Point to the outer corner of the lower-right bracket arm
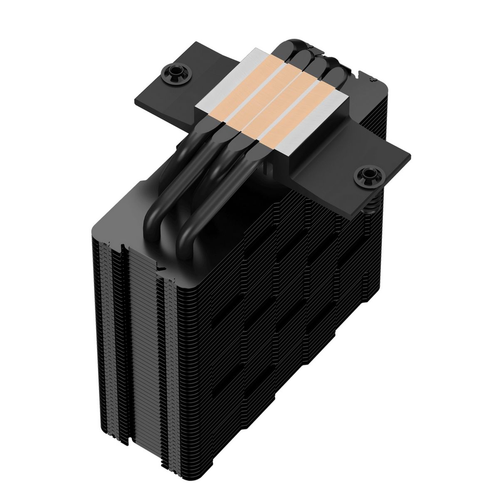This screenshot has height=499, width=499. (410, 156)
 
